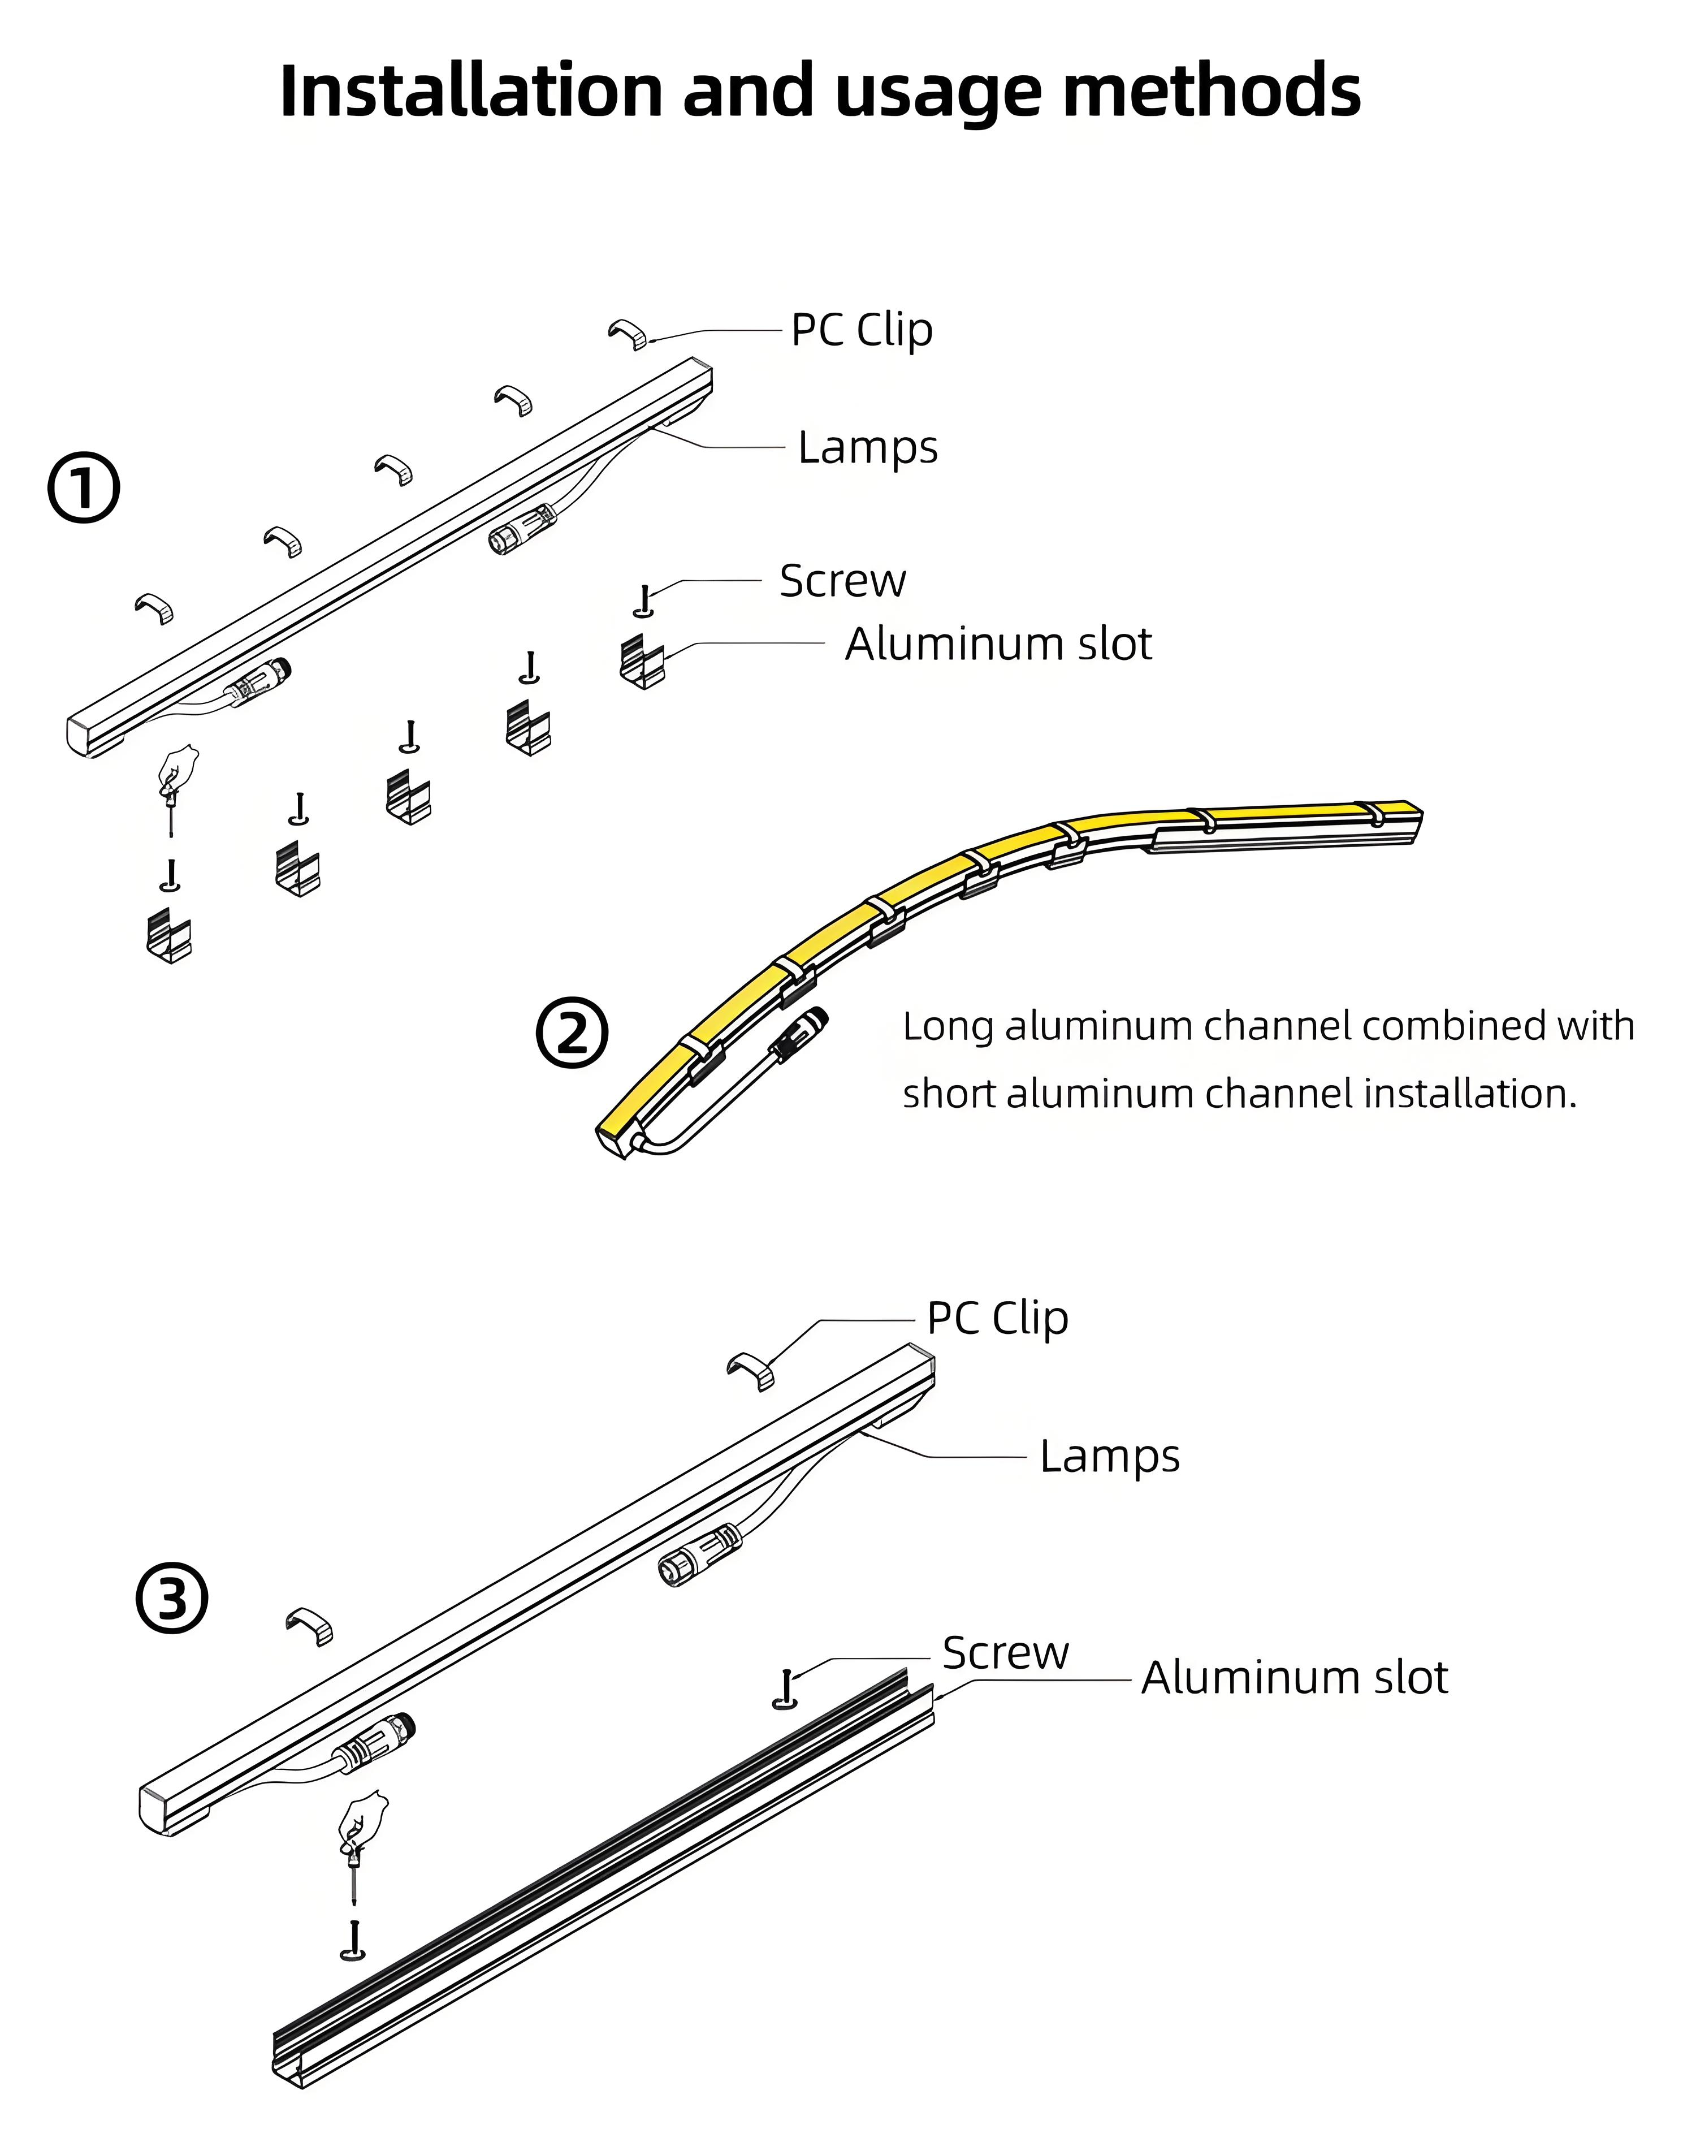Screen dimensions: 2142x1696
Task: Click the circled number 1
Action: [x=84, y=487]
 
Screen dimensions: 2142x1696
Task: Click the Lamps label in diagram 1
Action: [x=867, y=448]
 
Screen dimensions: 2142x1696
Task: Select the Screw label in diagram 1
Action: [x=842, y=581]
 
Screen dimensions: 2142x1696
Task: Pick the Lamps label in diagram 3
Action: [x=1109, y=1457]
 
